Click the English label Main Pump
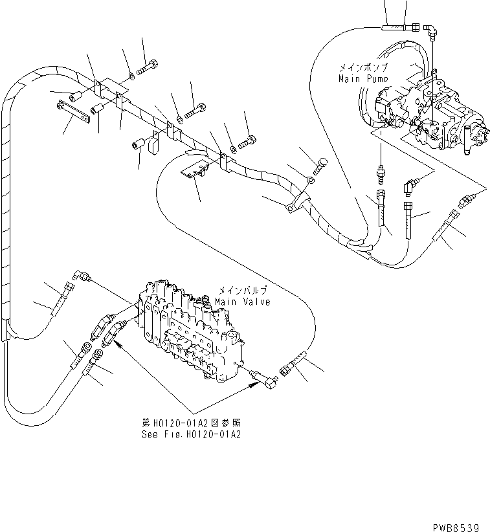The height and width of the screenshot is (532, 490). pos(362,78)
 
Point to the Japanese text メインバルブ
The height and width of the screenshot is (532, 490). pos(242,291)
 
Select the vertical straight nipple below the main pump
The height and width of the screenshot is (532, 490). pos(381,175)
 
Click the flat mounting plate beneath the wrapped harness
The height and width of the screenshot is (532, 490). pos(192,170)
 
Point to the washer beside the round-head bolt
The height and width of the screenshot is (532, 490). pos(311,181)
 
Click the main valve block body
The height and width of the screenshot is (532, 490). pos(188,330)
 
